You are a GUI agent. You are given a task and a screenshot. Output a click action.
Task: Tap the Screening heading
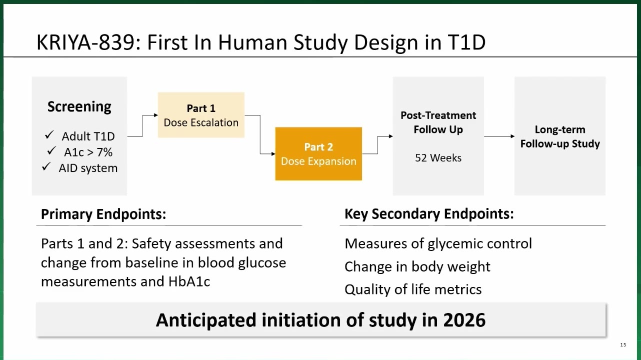click(79, 106)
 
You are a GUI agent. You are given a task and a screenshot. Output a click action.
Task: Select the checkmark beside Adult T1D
click(49, 135)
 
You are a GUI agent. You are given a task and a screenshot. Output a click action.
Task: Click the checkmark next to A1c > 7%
click(51, 150)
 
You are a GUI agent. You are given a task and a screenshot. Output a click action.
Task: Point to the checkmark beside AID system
click(46, 166)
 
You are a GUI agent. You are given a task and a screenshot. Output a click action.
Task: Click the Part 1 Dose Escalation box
click(201, 115)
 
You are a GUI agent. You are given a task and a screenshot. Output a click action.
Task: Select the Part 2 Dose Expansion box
click(318, 154)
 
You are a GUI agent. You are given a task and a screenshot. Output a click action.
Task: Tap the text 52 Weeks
click(438, 158)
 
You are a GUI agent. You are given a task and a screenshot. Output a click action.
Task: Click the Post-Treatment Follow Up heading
click(438, 122)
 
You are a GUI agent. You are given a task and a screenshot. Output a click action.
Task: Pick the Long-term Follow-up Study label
click(560, 137)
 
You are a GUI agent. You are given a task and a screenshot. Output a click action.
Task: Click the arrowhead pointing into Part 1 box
click(156, 115)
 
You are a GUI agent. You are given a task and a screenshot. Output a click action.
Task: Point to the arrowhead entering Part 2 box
click(273, 154)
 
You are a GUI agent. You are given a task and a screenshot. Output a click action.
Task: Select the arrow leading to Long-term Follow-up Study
click(499, 136)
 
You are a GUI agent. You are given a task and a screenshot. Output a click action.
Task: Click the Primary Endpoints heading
click(103, 214)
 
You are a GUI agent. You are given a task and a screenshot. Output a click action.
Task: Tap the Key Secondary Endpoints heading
click(429, 214)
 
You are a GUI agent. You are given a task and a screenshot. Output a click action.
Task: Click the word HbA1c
click(189, 281)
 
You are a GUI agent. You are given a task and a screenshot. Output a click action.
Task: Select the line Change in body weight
click(417, 266)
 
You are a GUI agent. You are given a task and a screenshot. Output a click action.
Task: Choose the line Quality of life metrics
click(413, 289)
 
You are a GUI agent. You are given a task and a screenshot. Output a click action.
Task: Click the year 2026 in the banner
click(464, 320)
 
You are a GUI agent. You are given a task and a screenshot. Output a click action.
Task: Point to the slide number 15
click(623, 345)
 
